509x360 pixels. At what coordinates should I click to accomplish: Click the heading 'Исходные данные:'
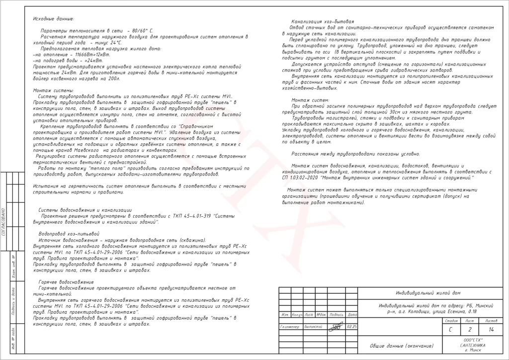pyautogui.click(x=53, y=19)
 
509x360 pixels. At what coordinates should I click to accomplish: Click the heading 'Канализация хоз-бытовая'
pyautogui.click(x=323, y=22)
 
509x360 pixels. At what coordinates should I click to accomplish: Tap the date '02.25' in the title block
pyautogui.click(x=352, y=326)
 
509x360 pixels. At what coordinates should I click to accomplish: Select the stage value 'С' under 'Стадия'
pyautogui.click(x=450, y=330)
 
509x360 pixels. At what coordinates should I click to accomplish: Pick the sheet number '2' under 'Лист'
pyautogui.click(x=469, y=330)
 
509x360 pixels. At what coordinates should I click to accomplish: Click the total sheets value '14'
pyautogui.click(x=491, y=330)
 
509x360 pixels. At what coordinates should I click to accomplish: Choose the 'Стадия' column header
pyautogui.click(x=450, y=321)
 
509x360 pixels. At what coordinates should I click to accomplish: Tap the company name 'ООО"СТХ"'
pyautogui.click(x=472, y=340)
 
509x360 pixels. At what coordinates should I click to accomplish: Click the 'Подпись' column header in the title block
pyautogui.click(x=337, y=315)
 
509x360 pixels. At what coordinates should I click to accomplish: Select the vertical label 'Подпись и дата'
pyautogui.click(x=15, y=302)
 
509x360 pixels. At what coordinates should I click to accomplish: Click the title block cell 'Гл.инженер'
pyautogui.click(x=290, y=326)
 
